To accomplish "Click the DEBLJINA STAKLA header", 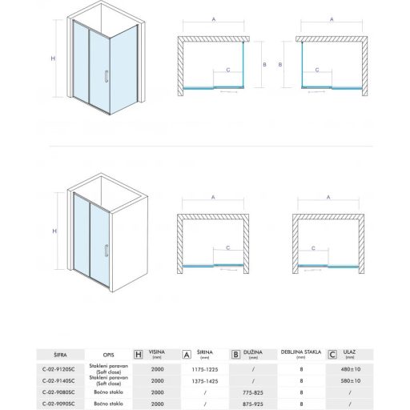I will pos(300,352).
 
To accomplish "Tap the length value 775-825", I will pos(253,393).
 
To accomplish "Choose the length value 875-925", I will pos(253,404).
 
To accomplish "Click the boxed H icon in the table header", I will pos(138,353).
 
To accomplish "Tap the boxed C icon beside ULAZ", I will pos(332,353).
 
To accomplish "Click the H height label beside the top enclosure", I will pos(53,58).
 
